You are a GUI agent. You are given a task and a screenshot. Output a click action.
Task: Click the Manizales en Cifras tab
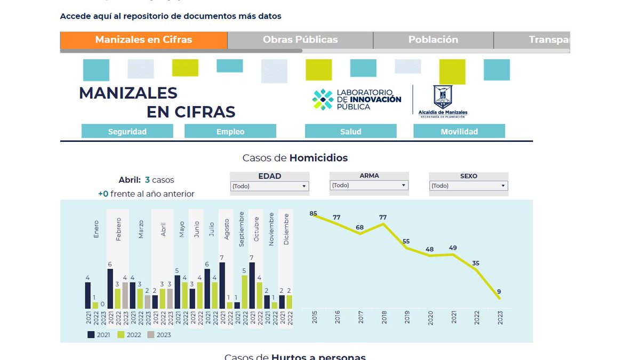(143, 40)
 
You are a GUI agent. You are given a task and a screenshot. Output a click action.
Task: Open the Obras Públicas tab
(300, 40)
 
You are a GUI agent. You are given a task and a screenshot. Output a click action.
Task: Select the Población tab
(433, 40)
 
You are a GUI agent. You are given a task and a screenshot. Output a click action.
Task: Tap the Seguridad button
(127, 131)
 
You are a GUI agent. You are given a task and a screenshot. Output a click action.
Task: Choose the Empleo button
(230, 131)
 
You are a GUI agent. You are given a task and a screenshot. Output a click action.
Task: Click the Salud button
(350, 131)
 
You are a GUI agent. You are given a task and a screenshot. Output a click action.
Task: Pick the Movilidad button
(459, 131)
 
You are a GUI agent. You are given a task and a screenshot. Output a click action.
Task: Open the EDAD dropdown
(269, 186)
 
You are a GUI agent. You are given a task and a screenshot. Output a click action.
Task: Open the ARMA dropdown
(369, 186)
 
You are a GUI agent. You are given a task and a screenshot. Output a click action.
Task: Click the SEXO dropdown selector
(468, 186)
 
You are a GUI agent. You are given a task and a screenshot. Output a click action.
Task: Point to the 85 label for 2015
(314, 214)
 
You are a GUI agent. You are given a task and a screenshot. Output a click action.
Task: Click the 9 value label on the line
(499, 292)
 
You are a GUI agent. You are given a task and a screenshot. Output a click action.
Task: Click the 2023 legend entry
(159, 335)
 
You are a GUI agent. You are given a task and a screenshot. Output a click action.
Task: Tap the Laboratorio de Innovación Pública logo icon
(323, 100)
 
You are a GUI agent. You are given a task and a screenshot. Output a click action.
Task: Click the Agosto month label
(227, 229)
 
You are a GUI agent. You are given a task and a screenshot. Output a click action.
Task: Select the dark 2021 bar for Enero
(88, 295)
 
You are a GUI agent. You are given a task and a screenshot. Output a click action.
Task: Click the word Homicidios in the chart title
(318, 158)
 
